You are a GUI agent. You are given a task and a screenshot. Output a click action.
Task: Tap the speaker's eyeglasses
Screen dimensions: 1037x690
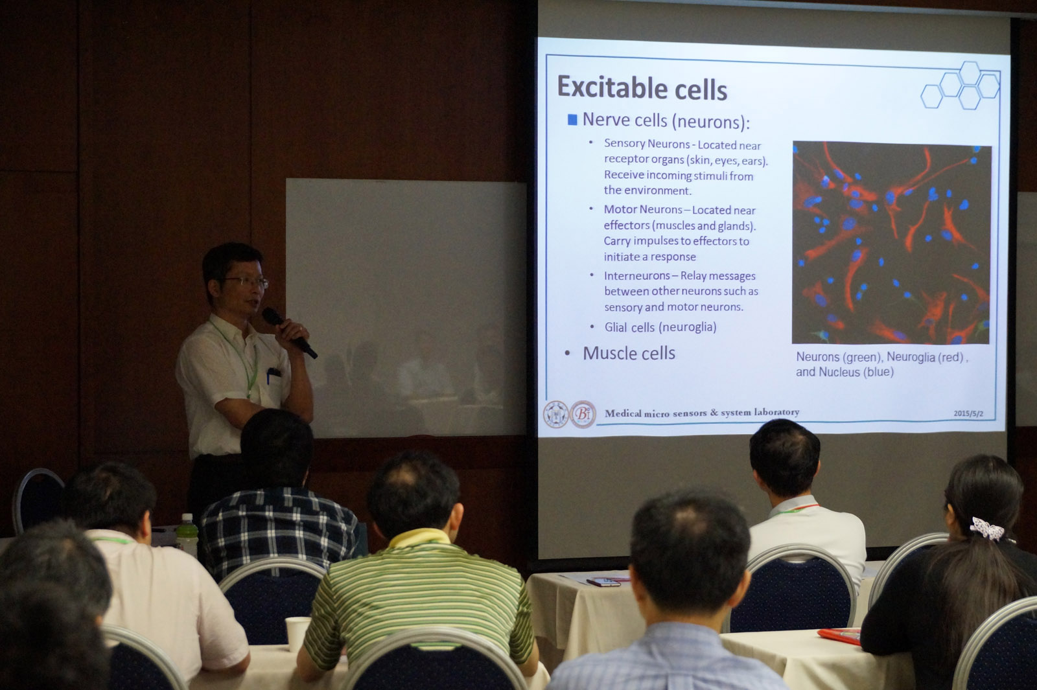[x=246, y=281]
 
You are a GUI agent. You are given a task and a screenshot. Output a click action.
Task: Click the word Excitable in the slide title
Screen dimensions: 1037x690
[x=612, y=87]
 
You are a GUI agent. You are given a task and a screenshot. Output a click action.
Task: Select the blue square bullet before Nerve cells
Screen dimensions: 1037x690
[x=572, y=120]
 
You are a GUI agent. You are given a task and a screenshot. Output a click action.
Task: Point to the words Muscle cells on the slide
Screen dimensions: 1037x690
[x=629, y=354]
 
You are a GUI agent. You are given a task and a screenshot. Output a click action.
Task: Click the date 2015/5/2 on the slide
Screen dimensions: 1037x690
[x=968, y=414]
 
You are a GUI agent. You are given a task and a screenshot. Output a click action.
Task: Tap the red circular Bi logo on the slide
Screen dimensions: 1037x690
[x=583, y=414]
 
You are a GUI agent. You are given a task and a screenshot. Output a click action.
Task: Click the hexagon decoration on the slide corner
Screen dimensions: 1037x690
[x=960, y=86]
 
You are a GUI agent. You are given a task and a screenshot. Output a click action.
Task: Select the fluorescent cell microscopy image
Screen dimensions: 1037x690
[x=891, y=243]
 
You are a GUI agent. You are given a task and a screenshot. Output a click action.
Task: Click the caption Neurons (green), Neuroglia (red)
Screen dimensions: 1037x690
[x=882, y=357]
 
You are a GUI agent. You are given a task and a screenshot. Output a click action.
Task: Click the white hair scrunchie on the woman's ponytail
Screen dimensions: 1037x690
[x=987, y=529]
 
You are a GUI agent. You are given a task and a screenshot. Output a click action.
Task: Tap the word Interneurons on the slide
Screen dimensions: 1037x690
[x=636, y=276]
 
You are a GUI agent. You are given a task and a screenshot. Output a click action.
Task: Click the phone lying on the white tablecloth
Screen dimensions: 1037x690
[x=603, y=582]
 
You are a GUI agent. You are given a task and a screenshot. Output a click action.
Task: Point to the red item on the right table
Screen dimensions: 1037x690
[x=839, y=636]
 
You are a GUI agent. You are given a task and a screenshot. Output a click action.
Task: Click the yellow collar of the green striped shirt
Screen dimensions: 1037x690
[x=419, y=538]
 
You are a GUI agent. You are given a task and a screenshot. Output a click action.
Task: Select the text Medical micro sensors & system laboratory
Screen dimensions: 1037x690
[x=702, y=412]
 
